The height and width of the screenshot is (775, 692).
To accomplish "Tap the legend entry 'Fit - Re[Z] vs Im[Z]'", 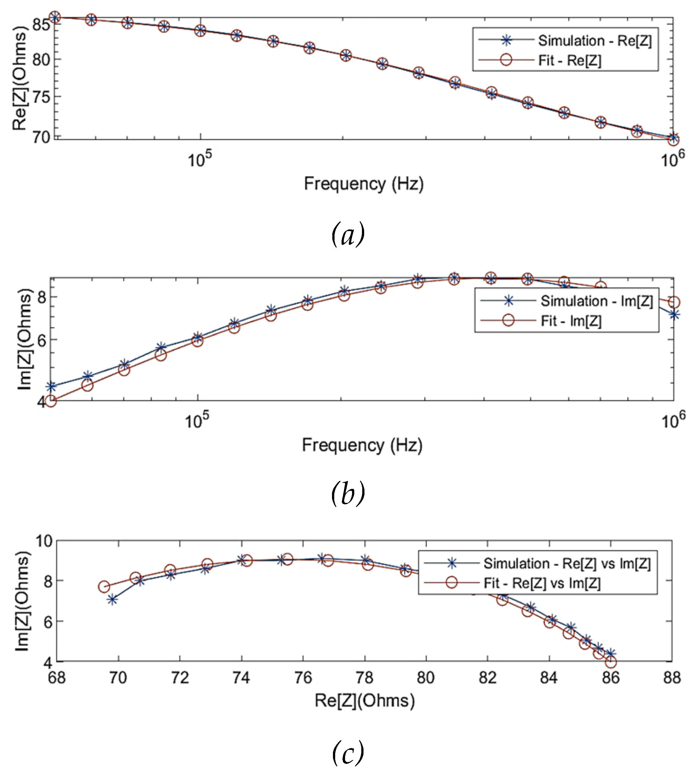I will (x=542, y=583).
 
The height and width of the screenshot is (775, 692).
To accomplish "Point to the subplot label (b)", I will (x=348, y=494).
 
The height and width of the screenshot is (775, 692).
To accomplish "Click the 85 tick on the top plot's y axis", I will (x=41, y=25).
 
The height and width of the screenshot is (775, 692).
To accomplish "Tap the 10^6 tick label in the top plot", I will (x=672, y=159).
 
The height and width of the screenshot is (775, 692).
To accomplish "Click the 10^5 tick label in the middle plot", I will (x=197, y=420).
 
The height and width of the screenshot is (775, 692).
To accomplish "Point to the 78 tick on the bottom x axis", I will (x=364, y=678).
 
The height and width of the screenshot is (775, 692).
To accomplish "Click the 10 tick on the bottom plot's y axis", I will (x=44, y=541).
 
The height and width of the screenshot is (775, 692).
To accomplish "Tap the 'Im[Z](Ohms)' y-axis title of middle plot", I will (x=24, y=339).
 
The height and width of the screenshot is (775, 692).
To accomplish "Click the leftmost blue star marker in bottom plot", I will (x=112, y=600).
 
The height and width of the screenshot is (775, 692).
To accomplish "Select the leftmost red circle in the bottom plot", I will (x=104, y=587).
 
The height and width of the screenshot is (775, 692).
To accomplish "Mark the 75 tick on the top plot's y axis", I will (x=41, y=97).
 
